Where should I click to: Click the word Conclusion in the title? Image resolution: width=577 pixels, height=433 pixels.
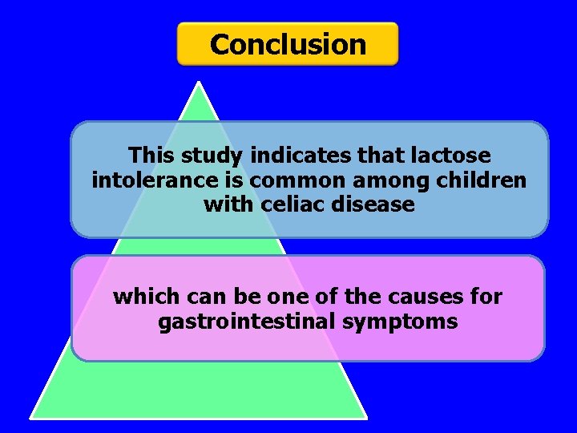(x=288, y=44)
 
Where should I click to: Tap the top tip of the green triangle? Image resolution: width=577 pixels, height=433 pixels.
(x=198, y=81)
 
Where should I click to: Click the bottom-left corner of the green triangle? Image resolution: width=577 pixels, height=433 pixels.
(x=32, y=416)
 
